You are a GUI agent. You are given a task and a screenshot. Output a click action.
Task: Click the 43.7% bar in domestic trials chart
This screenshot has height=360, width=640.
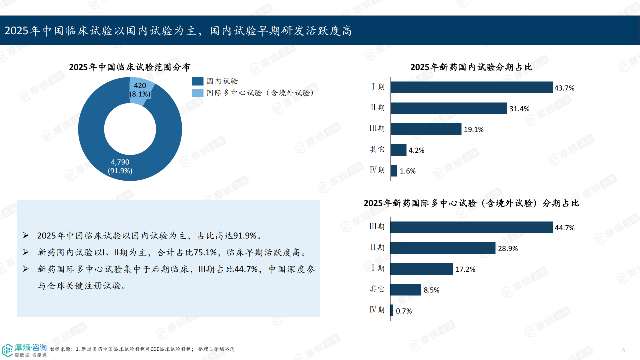471,87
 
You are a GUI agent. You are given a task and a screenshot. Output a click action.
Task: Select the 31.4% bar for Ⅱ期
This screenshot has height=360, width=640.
449,108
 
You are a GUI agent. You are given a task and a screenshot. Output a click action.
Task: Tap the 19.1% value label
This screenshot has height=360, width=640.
473,129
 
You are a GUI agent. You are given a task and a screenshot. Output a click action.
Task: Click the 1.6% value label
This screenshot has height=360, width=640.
407,171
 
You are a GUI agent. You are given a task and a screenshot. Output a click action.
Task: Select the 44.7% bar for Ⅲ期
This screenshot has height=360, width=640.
471,227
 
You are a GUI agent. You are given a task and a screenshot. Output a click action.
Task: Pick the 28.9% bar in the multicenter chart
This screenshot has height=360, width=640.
443,248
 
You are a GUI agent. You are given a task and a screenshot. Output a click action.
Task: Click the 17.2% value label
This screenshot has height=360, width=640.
465,269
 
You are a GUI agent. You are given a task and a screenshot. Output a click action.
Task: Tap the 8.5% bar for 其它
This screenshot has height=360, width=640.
406,290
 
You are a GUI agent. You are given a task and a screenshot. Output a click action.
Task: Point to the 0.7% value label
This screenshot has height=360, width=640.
404,311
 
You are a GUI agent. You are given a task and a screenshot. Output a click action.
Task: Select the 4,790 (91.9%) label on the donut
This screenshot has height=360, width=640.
120,166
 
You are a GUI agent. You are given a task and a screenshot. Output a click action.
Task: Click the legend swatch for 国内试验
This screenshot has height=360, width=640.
198,81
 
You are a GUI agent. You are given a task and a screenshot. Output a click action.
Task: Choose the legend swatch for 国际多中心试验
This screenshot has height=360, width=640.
198,93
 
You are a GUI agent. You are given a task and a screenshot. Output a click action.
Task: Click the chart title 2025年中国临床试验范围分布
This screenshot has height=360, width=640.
129,67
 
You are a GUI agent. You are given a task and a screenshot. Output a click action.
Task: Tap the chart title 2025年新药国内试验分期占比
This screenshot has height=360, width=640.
471,67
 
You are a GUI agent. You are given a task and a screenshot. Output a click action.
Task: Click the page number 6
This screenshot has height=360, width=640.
623,350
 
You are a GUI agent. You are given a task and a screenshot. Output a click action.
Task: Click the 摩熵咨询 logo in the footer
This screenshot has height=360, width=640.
25,350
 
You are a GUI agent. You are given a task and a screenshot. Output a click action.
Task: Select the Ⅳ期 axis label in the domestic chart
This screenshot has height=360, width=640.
377,170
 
